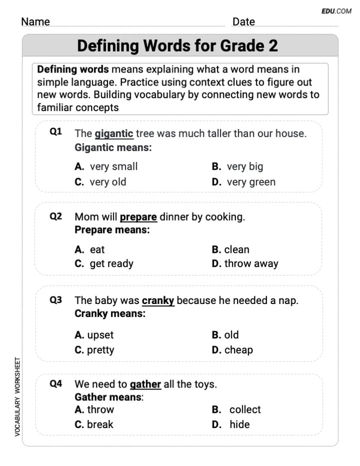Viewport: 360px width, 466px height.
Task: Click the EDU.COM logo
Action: pos(336,11)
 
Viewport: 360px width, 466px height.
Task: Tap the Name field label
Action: pos(35,22)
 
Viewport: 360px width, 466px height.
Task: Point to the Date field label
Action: pos(243,22)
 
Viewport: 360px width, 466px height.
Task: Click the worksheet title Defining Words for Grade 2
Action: pos(177,46)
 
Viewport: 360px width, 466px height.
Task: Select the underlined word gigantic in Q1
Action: pos(114,134)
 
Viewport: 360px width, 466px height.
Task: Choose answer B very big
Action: pos(238,167)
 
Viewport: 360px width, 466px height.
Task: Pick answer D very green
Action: pos(244,182)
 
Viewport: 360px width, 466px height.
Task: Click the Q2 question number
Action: pos(56,217)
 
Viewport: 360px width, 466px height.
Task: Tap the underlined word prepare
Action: pos(138,217)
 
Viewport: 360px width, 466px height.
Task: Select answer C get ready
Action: pos(104,264)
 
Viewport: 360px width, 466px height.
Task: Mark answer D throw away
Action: pos(245,264)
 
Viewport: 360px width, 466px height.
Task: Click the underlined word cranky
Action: pos(158,300)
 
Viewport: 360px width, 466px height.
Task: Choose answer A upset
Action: pos(94,335)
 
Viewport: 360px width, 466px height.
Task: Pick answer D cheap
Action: pos(232,350)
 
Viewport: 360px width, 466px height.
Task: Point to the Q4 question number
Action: pos(56,384)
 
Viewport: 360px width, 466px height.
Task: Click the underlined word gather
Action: pos(146,384)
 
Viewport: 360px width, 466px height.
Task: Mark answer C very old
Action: pos(100,182)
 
